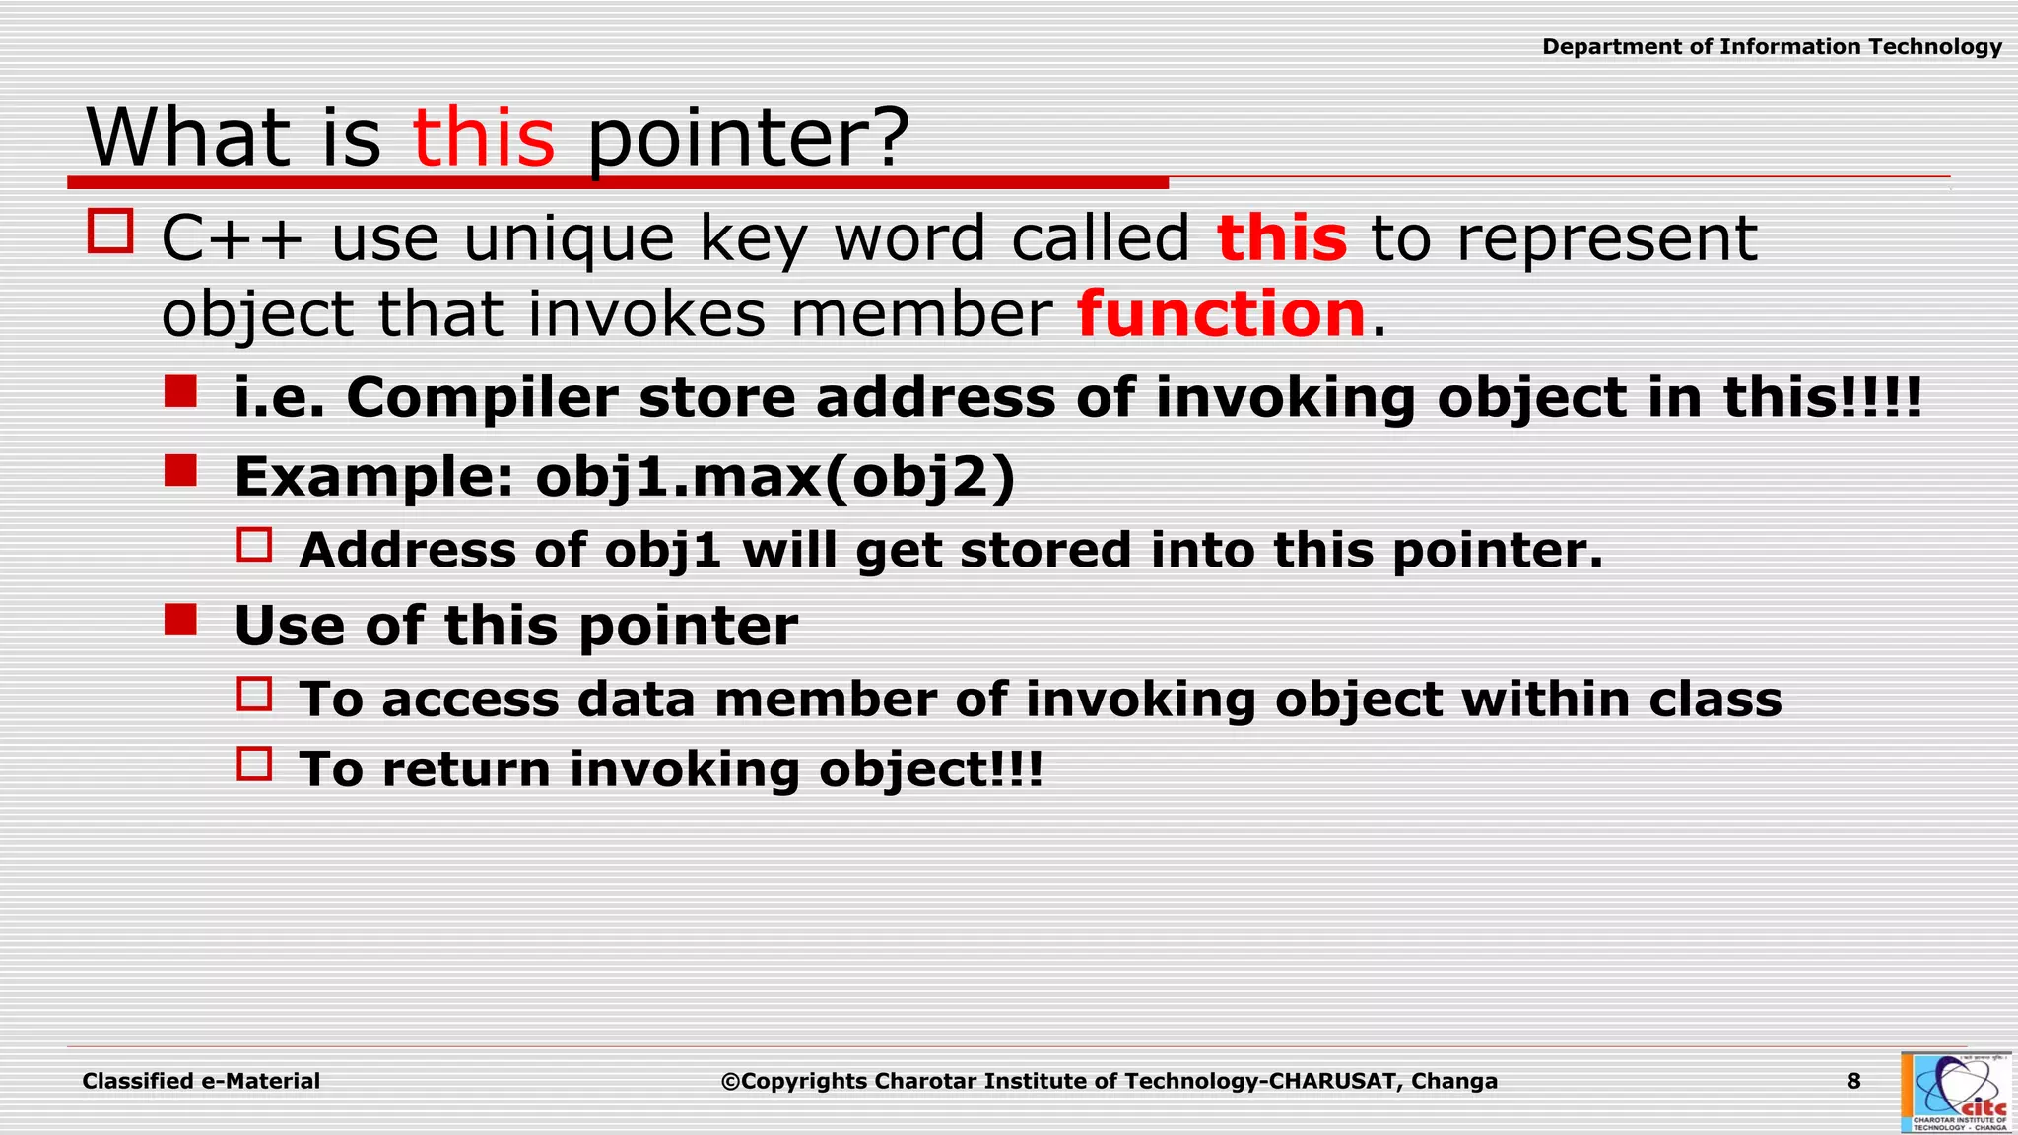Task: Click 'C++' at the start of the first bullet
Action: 233,238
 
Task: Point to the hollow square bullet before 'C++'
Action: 110,232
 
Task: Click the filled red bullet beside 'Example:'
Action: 181,470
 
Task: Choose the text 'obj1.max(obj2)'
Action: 774,477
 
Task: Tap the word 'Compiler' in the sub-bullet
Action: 481,398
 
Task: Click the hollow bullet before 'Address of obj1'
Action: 254,545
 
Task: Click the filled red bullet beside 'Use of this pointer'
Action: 181,620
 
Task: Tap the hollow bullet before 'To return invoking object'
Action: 254,764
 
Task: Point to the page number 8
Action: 1853,1081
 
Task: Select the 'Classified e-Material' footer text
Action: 201,1081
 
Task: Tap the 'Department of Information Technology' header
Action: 1772,47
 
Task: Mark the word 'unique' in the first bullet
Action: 569,238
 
